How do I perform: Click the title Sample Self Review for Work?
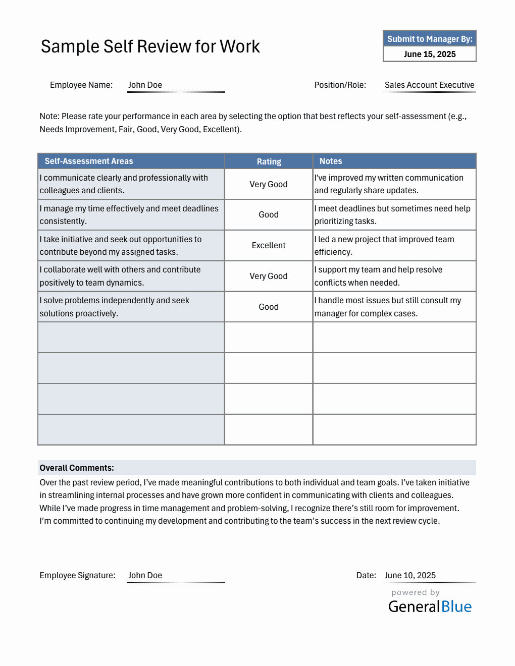(x=150, y=46)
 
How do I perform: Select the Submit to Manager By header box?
(x=429, y=39)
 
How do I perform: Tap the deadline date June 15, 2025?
(x=429, y=54)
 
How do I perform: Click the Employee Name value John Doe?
(x=145, y=85)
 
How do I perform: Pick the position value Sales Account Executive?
(x=429, y=85)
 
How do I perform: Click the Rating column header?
(x=269, y=161)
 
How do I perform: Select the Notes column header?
(x=331, y=161)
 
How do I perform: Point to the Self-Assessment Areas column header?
(x=89, y=161)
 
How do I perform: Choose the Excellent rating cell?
(x=269, y=245)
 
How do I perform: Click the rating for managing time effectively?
(x=269, y=214)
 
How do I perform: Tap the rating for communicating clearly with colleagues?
(x=269, y=184)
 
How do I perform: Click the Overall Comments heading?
(x=77, y=468)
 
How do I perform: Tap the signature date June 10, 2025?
(x=410, y=575)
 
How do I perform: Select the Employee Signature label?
(x=77, y=575)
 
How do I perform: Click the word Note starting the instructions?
(x=49, y=116)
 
